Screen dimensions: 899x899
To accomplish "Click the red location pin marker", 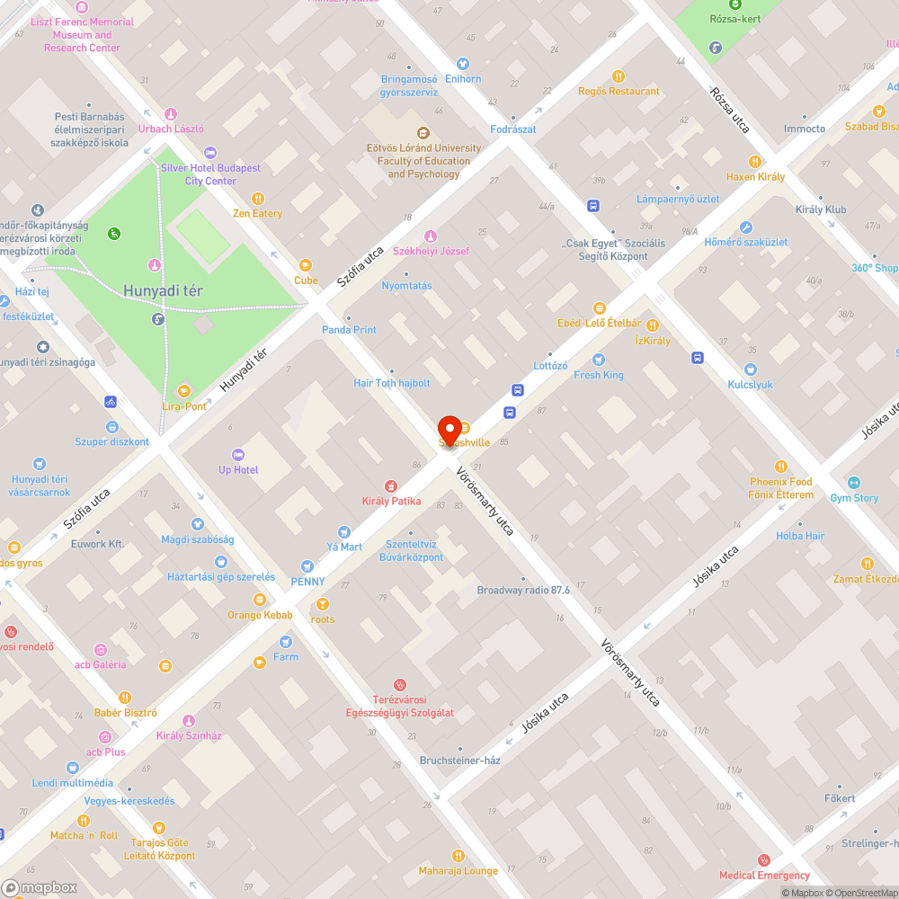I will tap(449, 429).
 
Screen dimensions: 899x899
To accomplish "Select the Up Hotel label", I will tap(238, 470).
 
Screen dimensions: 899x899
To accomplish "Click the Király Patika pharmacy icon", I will tap(391, 486).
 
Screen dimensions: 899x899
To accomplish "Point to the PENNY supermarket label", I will tap(307, 581).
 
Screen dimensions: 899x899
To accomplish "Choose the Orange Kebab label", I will tap(260, 615).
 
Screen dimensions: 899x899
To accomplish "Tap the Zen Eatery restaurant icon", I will tap(258, 199).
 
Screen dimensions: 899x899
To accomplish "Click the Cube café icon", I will tap(306, 265).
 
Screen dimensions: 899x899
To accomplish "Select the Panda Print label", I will tap(349, 330).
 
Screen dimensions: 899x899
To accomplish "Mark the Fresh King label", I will tap(599, 375).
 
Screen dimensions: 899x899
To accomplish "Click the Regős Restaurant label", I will tap(619, 92).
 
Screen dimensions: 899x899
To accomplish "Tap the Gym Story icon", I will tap(854, 483).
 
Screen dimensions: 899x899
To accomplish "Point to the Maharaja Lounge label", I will tap(458, 871).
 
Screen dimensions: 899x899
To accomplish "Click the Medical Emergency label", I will tap(764, 876).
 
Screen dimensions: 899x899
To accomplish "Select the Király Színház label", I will tap(189, 735).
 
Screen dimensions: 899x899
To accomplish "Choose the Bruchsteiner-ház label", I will tap(459, 761).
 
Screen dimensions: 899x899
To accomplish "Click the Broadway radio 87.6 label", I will tap(523, 591).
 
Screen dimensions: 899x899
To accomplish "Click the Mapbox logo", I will tap(40, 887).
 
